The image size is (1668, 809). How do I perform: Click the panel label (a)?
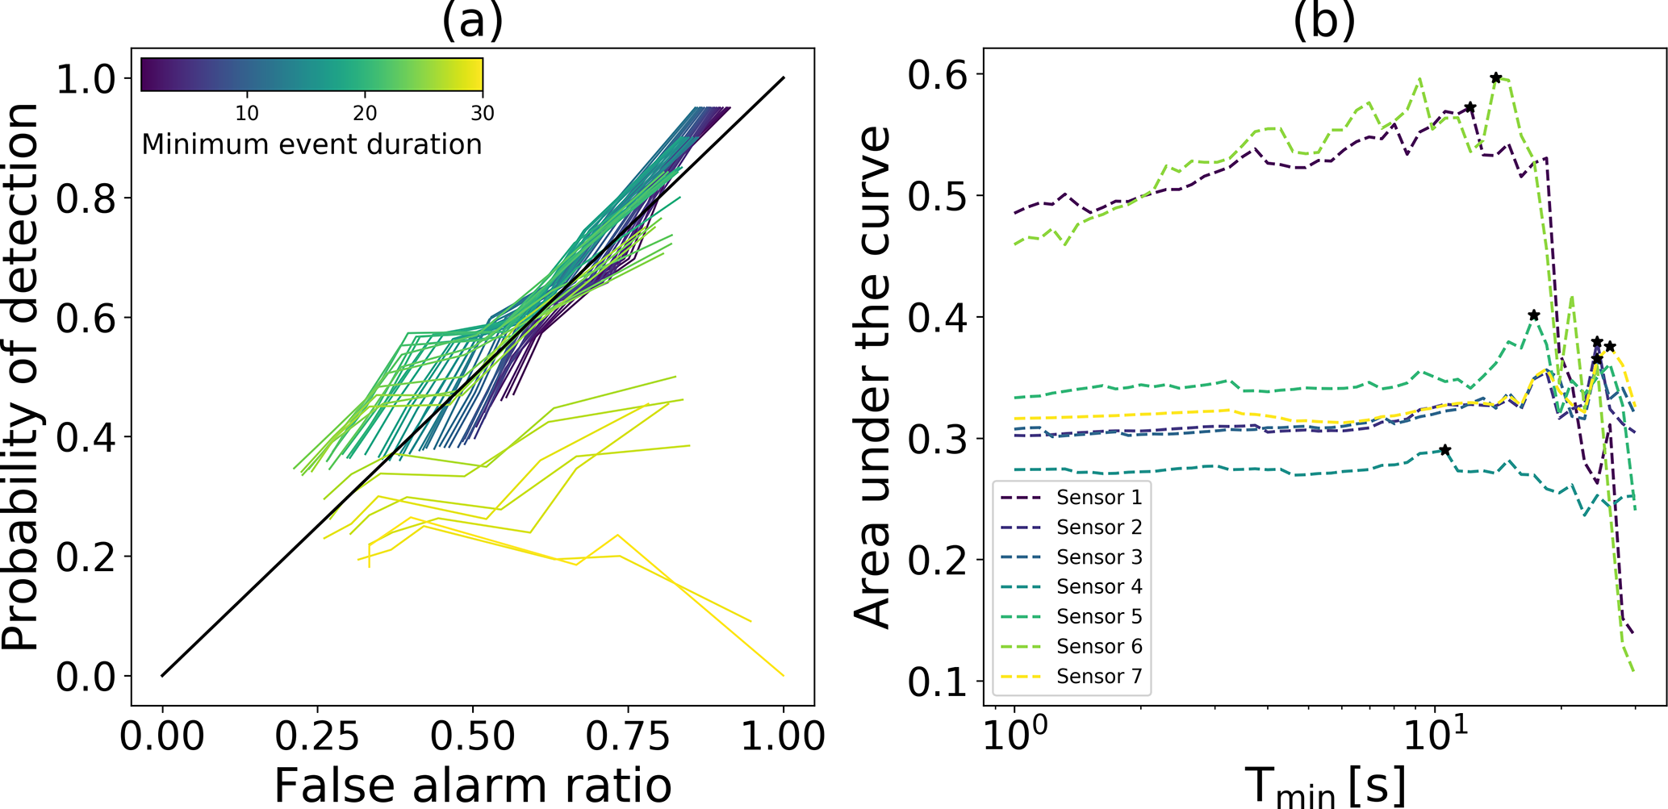472,21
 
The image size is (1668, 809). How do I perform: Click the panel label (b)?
1323,21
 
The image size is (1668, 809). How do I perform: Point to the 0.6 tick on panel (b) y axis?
936,75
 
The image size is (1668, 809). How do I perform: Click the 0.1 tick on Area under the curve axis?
936,682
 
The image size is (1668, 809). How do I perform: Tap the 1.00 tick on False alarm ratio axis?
783,736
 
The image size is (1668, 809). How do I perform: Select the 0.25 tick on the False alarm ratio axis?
317,736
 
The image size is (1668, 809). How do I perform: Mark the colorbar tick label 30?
483,114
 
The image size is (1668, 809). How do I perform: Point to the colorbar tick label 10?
247,114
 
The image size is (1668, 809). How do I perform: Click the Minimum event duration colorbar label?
311,145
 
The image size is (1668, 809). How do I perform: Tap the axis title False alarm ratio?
473,785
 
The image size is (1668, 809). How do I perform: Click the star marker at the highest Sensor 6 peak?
1495,78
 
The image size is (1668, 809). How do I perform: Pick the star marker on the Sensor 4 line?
1445,450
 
